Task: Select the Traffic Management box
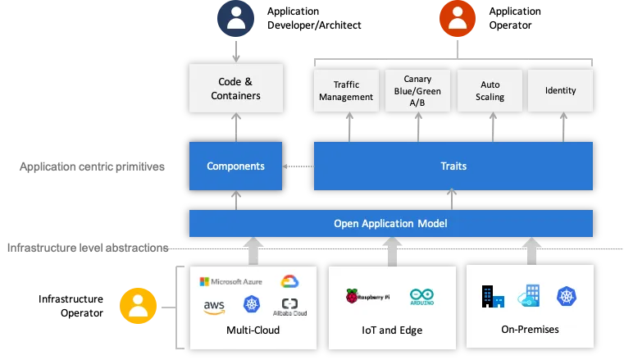[346, 91]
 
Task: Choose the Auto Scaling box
[491, 91]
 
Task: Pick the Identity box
[560, 91]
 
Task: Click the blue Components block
[235, 166]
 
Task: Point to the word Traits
[453, 166]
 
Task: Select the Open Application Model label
[389, 223]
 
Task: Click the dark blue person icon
[236, 17]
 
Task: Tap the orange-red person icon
[452, 18]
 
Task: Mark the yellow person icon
[137, 306]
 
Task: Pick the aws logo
[214, 306]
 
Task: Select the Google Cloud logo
[289, 281]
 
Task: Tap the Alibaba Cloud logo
[289, 306]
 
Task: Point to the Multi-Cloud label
[253, 330]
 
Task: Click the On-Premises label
[531, 330]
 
